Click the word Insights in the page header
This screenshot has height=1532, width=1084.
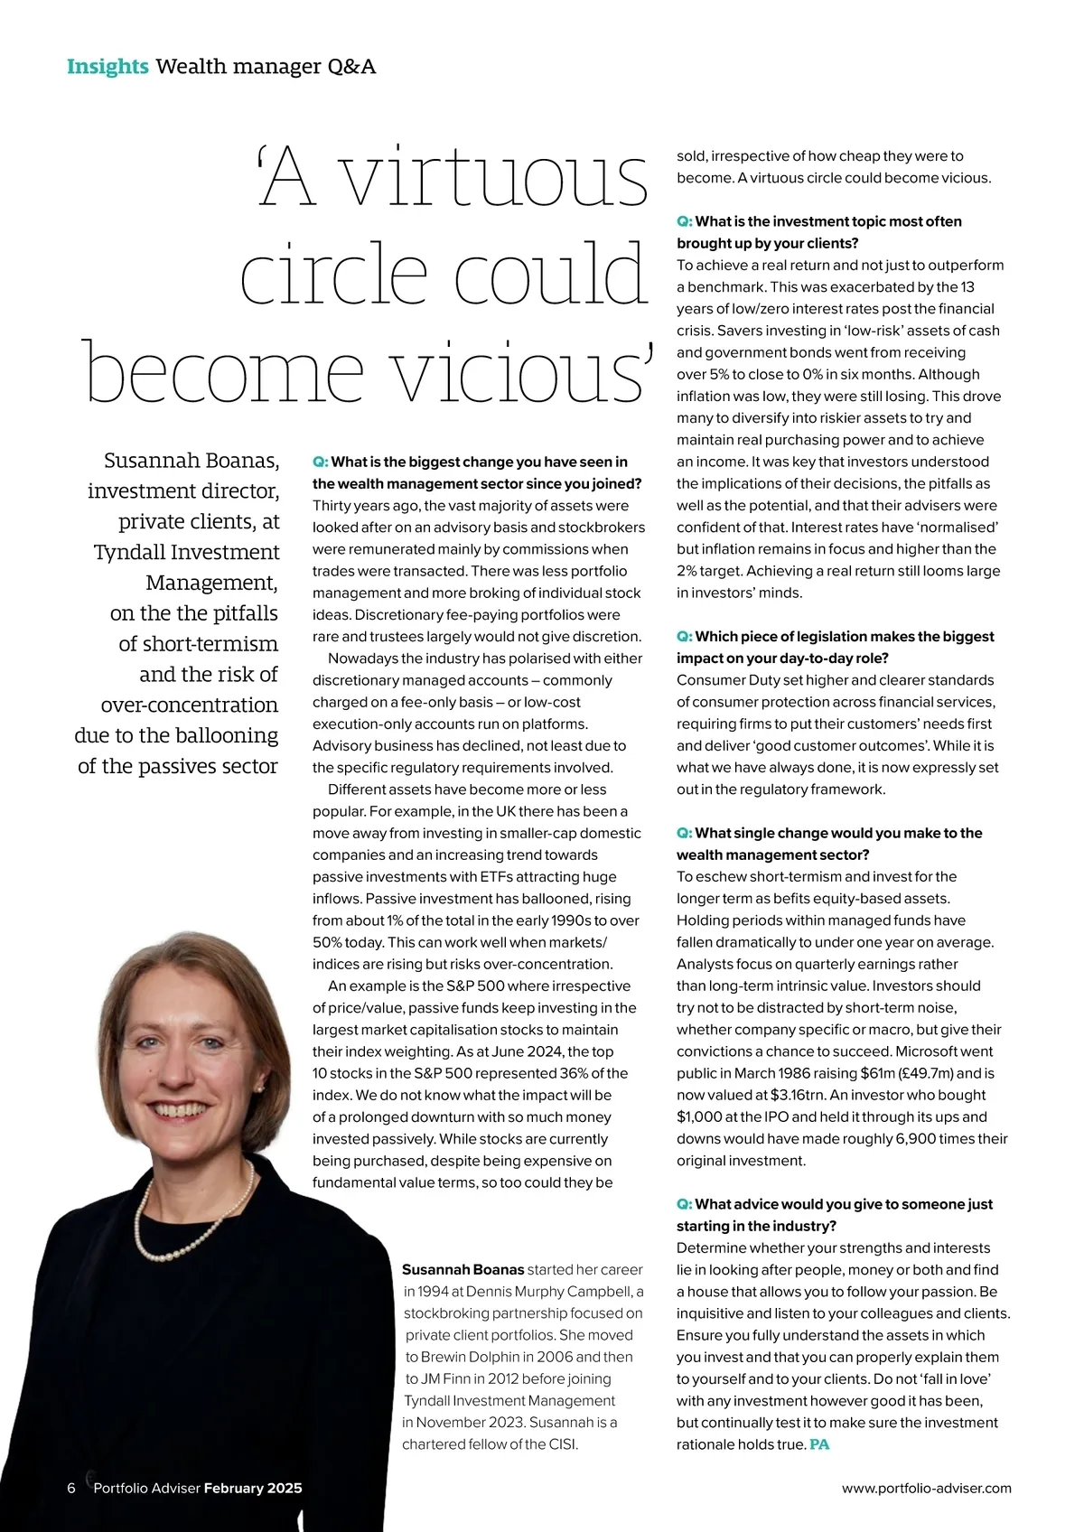pyautogui.click(x=107, y=67)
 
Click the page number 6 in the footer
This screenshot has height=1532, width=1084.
pyautogui.click(x=71, y=1488)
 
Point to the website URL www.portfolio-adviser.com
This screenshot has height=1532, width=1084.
pyautogui.click(x=926, y=1488)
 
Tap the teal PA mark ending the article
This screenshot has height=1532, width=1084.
pyautogui.click(x=819, y=1444)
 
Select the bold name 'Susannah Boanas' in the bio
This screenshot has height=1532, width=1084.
pyautogui.click(x=463, y=1270)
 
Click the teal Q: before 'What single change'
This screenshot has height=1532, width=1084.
pyautogui.click(x=685, y=833)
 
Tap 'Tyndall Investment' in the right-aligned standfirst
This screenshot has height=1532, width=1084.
pyautogui.click(x=187, y=552)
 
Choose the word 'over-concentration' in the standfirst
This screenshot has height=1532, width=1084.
pyautogui.click(x=190, y=705)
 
